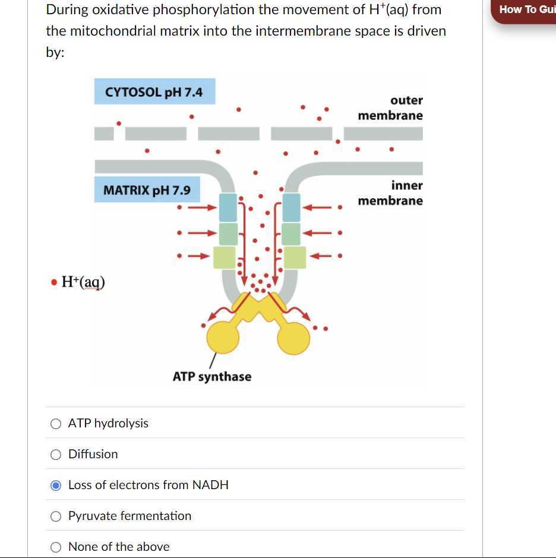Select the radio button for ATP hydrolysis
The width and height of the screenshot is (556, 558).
pyautogui.click(x=56, y=423)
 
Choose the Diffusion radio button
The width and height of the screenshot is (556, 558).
pyautogui.click(x=56, y=454)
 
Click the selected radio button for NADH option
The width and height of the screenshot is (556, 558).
pyautogui.click(x=56, y=485)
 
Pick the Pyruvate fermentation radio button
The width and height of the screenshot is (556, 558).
pyautogui.click(x=56, y=516)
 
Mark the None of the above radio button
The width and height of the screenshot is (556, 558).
pyautogui.click(x=56, y=547)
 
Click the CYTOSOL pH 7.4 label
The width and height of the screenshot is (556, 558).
pyautogui.click(x=154, y=92)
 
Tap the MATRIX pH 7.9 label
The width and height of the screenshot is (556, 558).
pyautogui.click(x=147, y=190)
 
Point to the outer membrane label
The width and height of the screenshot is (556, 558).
pyautogui.click(x=390, y=107)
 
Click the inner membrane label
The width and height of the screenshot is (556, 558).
pyautogui.click(x=390, y=193)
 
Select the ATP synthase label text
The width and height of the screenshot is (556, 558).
pyautogui.click(x=212, y=376)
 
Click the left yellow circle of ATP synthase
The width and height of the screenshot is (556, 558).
pyautogui.click(x=223, y=338)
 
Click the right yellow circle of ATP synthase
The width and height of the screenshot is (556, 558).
pyautogui.click(x=293, y=338)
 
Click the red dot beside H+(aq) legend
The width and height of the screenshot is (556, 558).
pyautogui.click(x=54, y=282)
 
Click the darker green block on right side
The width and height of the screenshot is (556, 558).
pyautogui.click(x=291, y=233)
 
